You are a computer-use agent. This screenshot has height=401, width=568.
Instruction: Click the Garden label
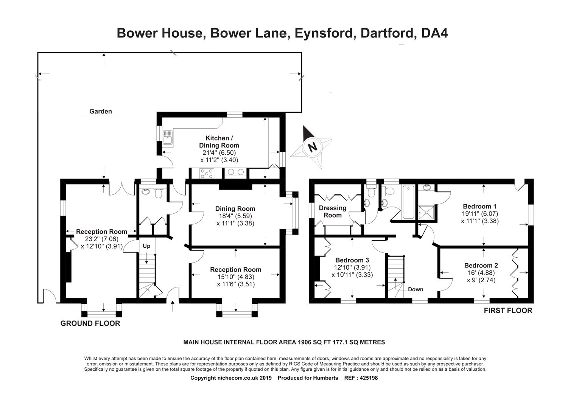[x=101, y=111]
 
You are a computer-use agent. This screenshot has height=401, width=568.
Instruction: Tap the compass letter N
[x=313, y=147]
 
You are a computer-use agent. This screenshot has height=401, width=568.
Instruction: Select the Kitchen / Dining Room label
[x=219, y=142]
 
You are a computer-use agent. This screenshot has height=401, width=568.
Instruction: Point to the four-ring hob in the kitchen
[x=207, y=173]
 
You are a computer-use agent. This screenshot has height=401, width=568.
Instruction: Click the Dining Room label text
[x=235, y=208]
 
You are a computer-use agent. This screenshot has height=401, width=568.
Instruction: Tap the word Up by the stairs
[x=146, y=246]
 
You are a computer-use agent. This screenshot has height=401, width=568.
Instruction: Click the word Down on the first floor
[x=415, y=289]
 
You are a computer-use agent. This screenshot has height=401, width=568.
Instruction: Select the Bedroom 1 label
[x=480, y=206]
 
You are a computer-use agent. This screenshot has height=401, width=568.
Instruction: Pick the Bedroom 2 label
[x=481, y=266]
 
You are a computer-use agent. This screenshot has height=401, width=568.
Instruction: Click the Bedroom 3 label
[x=352, y=260]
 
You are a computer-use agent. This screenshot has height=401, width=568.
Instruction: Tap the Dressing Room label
[x=332, y=211]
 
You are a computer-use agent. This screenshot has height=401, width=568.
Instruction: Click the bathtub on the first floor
[x=408, y=202]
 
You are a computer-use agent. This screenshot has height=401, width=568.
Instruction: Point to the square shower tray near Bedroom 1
[x=426, y=212]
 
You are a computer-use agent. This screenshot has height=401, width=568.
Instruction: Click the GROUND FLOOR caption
[x=90, y=323]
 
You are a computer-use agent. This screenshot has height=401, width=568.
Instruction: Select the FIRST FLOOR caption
[x=508, y=311]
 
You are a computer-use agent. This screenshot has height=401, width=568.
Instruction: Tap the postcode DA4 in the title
[x=434, y=33]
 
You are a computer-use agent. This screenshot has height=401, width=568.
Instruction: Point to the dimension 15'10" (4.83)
[x=236, y=277]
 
